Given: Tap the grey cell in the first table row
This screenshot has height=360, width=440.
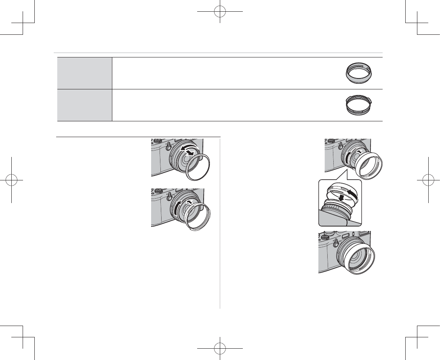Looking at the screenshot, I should click(x=84, y=73).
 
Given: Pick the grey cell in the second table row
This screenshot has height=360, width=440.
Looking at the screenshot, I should click(x=84, y=105).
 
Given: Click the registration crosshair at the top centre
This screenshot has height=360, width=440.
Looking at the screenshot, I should click(x=220, y=11).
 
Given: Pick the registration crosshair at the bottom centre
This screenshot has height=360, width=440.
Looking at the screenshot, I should click(x=220, y=348).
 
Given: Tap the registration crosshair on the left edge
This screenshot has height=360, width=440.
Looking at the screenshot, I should click(x=12, y=180).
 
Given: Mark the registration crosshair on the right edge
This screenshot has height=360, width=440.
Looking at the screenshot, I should click(x=428, y=180).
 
